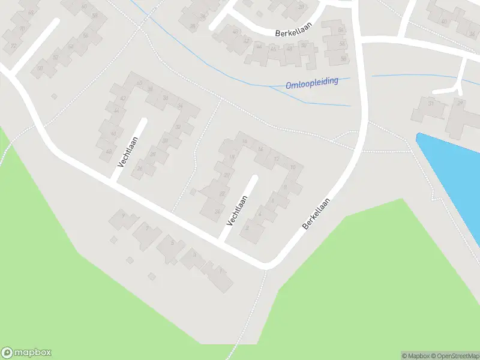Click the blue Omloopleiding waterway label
tap(312, 82)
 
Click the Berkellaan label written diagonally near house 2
tap(316, 214)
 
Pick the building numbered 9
tap(123, 215)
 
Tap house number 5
tap(172, 243)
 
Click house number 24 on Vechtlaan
tap(217, 211)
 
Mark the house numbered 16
tap(260, 149)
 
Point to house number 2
tap(247, 227)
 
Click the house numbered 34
tap(179, 106)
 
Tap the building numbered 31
tap(430, 104)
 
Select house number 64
tap(341, 31)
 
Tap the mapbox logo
tap(26, 353)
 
